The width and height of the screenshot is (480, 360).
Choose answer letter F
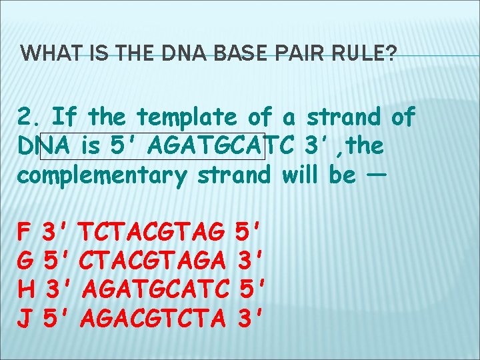coord(24,233)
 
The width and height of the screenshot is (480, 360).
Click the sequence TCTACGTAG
coord(151,233)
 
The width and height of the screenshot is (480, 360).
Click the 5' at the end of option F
coord(251,233)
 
